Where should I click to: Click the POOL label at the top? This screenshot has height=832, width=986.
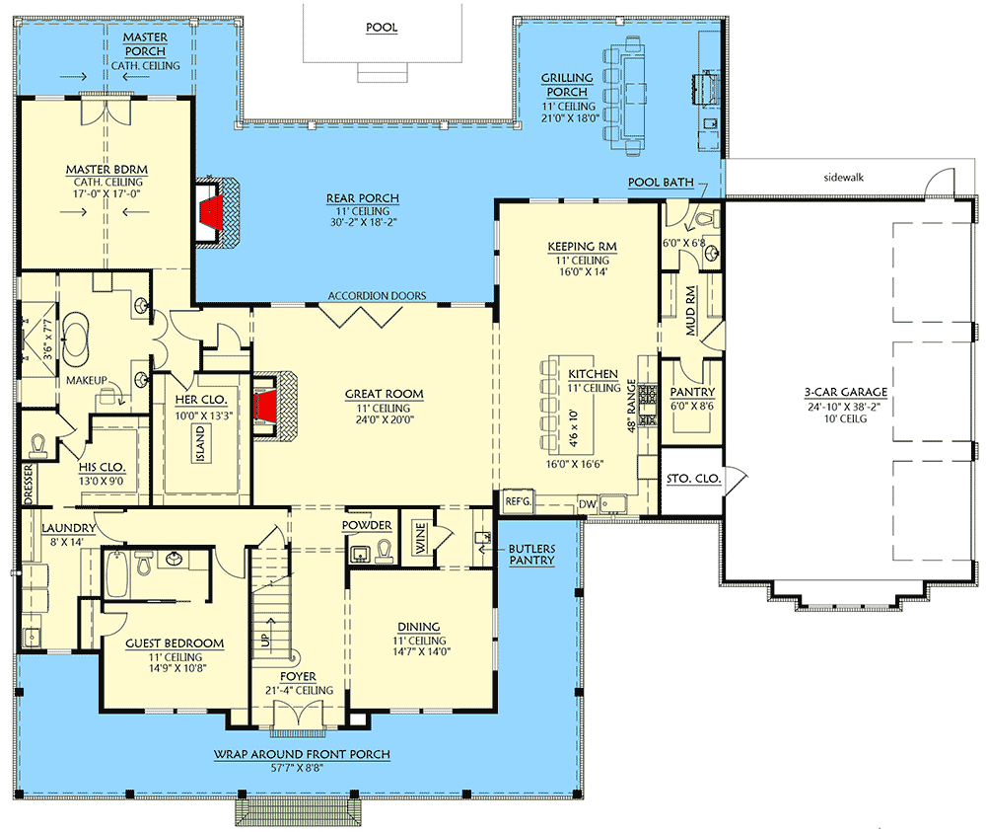pyautogui.click(x=381, y=28)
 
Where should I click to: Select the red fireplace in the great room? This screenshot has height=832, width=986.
pyautogui.click(x=267, y=406)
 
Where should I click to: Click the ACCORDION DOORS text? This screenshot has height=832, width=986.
pyautogui.click(x=378, y=295)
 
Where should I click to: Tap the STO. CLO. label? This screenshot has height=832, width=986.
pyautogui.click(x=694, y=479)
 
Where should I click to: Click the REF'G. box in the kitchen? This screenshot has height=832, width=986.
pyautogui.click(x=519, y=501)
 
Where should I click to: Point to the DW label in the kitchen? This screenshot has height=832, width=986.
pyautogui.click(x=587, y=503)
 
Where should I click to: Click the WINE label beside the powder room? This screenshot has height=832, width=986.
pyautogui.click(x=420, y=541)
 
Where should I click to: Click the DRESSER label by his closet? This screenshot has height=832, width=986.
pyautogui.click(x=27, y=487)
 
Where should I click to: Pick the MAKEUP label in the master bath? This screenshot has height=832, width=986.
pyautogui.click(x=87, y=380)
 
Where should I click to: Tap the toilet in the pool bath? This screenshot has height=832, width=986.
pyautogui.click(x=705, y=219)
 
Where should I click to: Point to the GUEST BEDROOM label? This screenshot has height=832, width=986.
pyautogui.click(x=175, y=643)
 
